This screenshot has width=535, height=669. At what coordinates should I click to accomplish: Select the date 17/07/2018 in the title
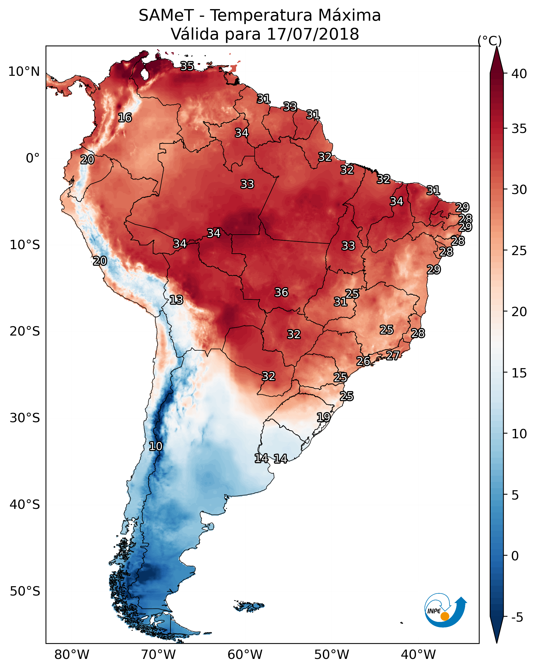313,34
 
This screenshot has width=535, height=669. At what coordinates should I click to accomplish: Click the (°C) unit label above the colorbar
489,41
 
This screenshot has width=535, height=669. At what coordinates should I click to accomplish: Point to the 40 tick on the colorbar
519,74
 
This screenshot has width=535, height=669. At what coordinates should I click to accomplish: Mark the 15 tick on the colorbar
519,373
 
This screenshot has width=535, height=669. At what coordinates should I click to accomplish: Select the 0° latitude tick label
33,158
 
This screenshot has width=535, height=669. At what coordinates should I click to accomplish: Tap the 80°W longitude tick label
72,655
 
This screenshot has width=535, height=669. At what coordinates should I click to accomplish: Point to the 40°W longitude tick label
418,655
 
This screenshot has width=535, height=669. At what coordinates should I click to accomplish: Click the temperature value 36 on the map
281,292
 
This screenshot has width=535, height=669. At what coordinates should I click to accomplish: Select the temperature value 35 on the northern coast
187,66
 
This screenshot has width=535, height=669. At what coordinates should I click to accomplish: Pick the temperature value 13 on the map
176,300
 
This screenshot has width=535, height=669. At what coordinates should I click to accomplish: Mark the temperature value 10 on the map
156,446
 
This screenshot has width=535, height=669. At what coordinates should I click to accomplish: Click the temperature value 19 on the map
323,417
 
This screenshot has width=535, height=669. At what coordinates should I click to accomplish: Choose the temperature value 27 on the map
393,355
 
